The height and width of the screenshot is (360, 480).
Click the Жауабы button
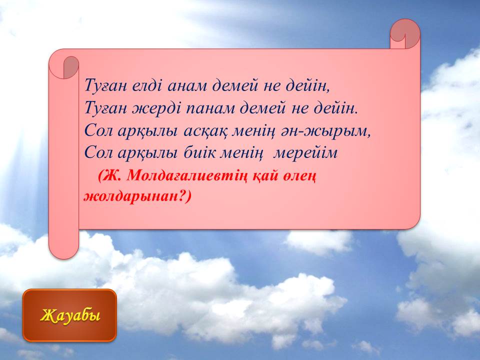[x=69, y=315]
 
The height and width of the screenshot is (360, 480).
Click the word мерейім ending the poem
[x=305, y=153]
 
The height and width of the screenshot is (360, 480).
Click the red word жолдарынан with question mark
[x=137, y=196]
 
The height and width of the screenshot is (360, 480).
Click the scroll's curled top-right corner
[x=404, y=33]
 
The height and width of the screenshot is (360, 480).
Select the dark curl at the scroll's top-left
[x=71, y=67]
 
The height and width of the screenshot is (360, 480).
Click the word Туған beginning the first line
[x=105, y=86]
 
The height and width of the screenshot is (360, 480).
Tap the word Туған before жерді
[x=105, y=108]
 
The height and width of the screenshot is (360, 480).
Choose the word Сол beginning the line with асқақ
[x=98, y=131]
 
